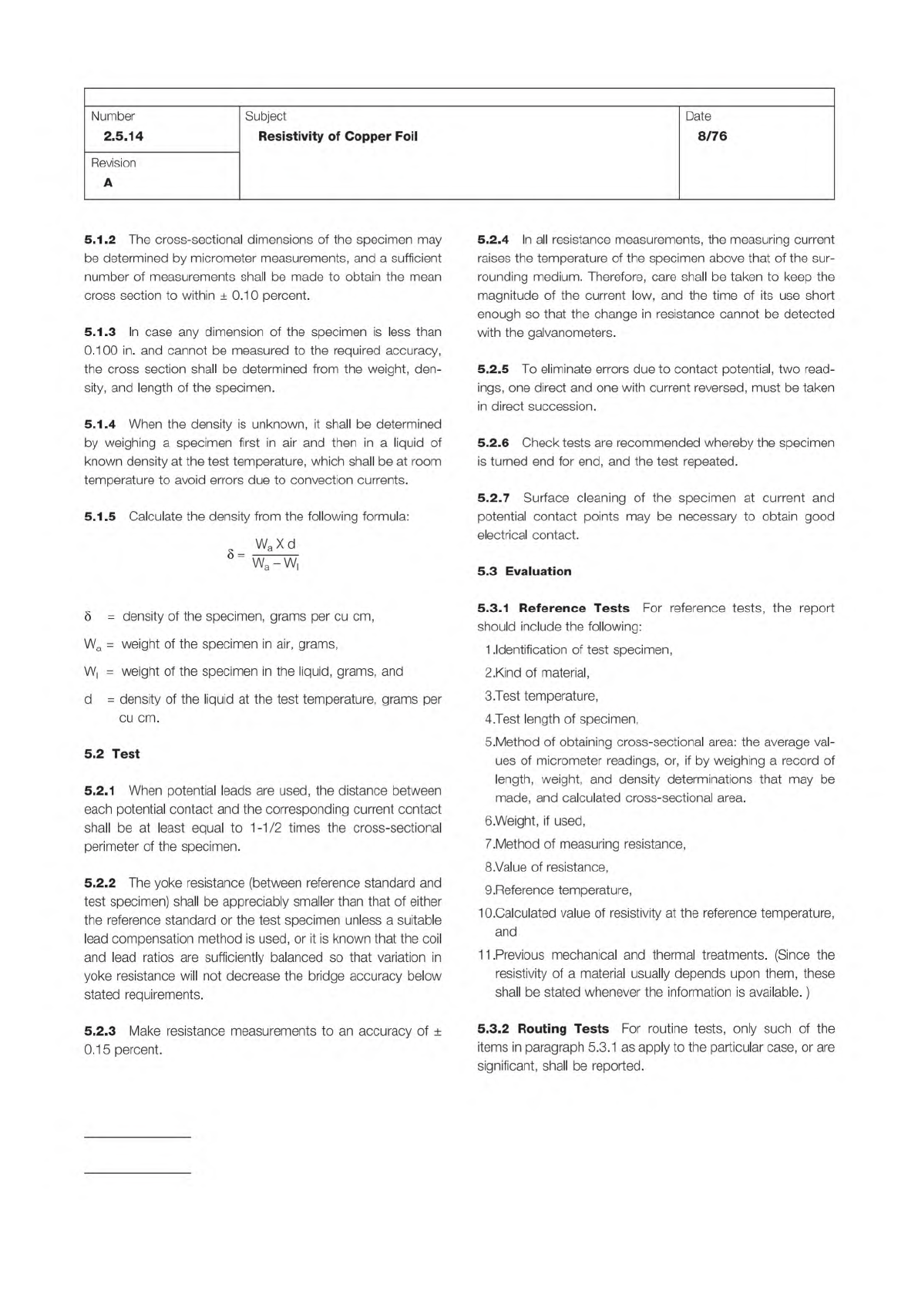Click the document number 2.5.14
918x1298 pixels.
pos(123,136)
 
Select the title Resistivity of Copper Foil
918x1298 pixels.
pos(338,136)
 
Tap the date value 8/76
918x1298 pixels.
pos(711,136)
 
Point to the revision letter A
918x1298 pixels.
pos(108,183)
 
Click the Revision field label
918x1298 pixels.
pos(113,163)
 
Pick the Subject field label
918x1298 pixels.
pos(265,116)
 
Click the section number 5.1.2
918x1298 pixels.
pos(99,240)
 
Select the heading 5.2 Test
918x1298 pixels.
pos(112,754)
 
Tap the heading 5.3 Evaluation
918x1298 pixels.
pos(524,571)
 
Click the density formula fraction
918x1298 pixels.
pos(275,553)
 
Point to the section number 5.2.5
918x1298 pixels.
pos(493,369)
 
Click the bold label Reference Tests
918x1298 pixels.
pos(574,608)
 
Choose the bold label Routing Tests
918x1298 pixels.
pos(563,1029)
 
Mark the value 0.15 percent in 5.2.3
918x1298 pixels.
pos(123,1050)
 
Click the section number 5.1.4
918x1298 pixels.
pos(99,424)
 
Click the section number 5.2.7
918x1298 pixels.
pos(493,498)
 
